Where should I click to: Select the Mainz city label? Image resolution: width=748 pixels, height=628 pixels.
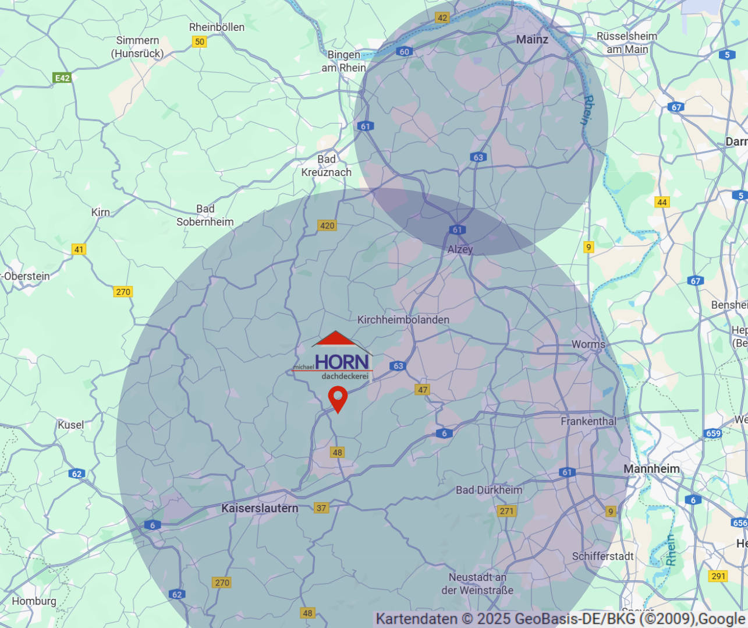(532, 39)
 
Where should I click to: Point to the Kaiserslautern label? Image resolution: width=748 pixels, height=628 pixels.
(260, 508)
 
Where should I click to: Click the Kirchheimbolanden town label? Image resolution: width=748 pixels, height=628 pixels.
(403, 320)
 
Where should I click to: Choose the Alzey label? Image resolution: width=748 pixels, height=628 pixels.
(460, 249)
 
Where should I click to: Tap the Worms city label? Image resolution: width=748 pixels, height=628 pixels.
(588, 344)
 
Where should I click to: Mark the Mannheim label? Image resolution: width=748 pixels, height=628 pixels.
(651, 469)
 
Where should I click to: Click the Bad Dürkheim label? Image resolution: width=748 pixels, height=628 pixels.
(488, 490)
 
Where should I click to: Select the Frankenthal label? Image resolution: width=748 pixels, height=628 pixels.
(588, 421)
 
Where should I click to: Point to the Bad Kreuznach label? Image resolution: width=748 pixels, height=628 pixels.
(327, 166)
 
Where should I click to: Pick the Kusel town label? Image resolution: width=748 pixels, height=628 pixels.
(70, 425)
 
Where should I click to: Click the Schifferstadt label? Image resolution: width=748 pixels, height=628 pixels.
(602, 556)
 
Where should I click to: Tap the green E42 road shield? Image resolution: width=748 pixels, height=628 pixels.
(62, 78)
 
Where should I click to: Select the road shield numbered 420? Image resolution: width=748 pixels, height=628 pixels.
(327, 225)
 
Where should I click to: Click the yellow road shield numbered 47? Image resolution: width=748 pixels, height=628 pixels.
(423, 390)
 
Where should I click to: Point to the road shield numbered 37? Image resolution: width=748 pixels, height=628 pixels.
(321, 508)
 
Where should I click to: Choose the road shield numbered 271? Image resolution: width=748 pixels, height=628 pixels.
(507, 511)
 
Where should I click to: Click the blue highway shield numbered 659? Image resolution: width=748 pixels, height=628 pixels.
(713, 433)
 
